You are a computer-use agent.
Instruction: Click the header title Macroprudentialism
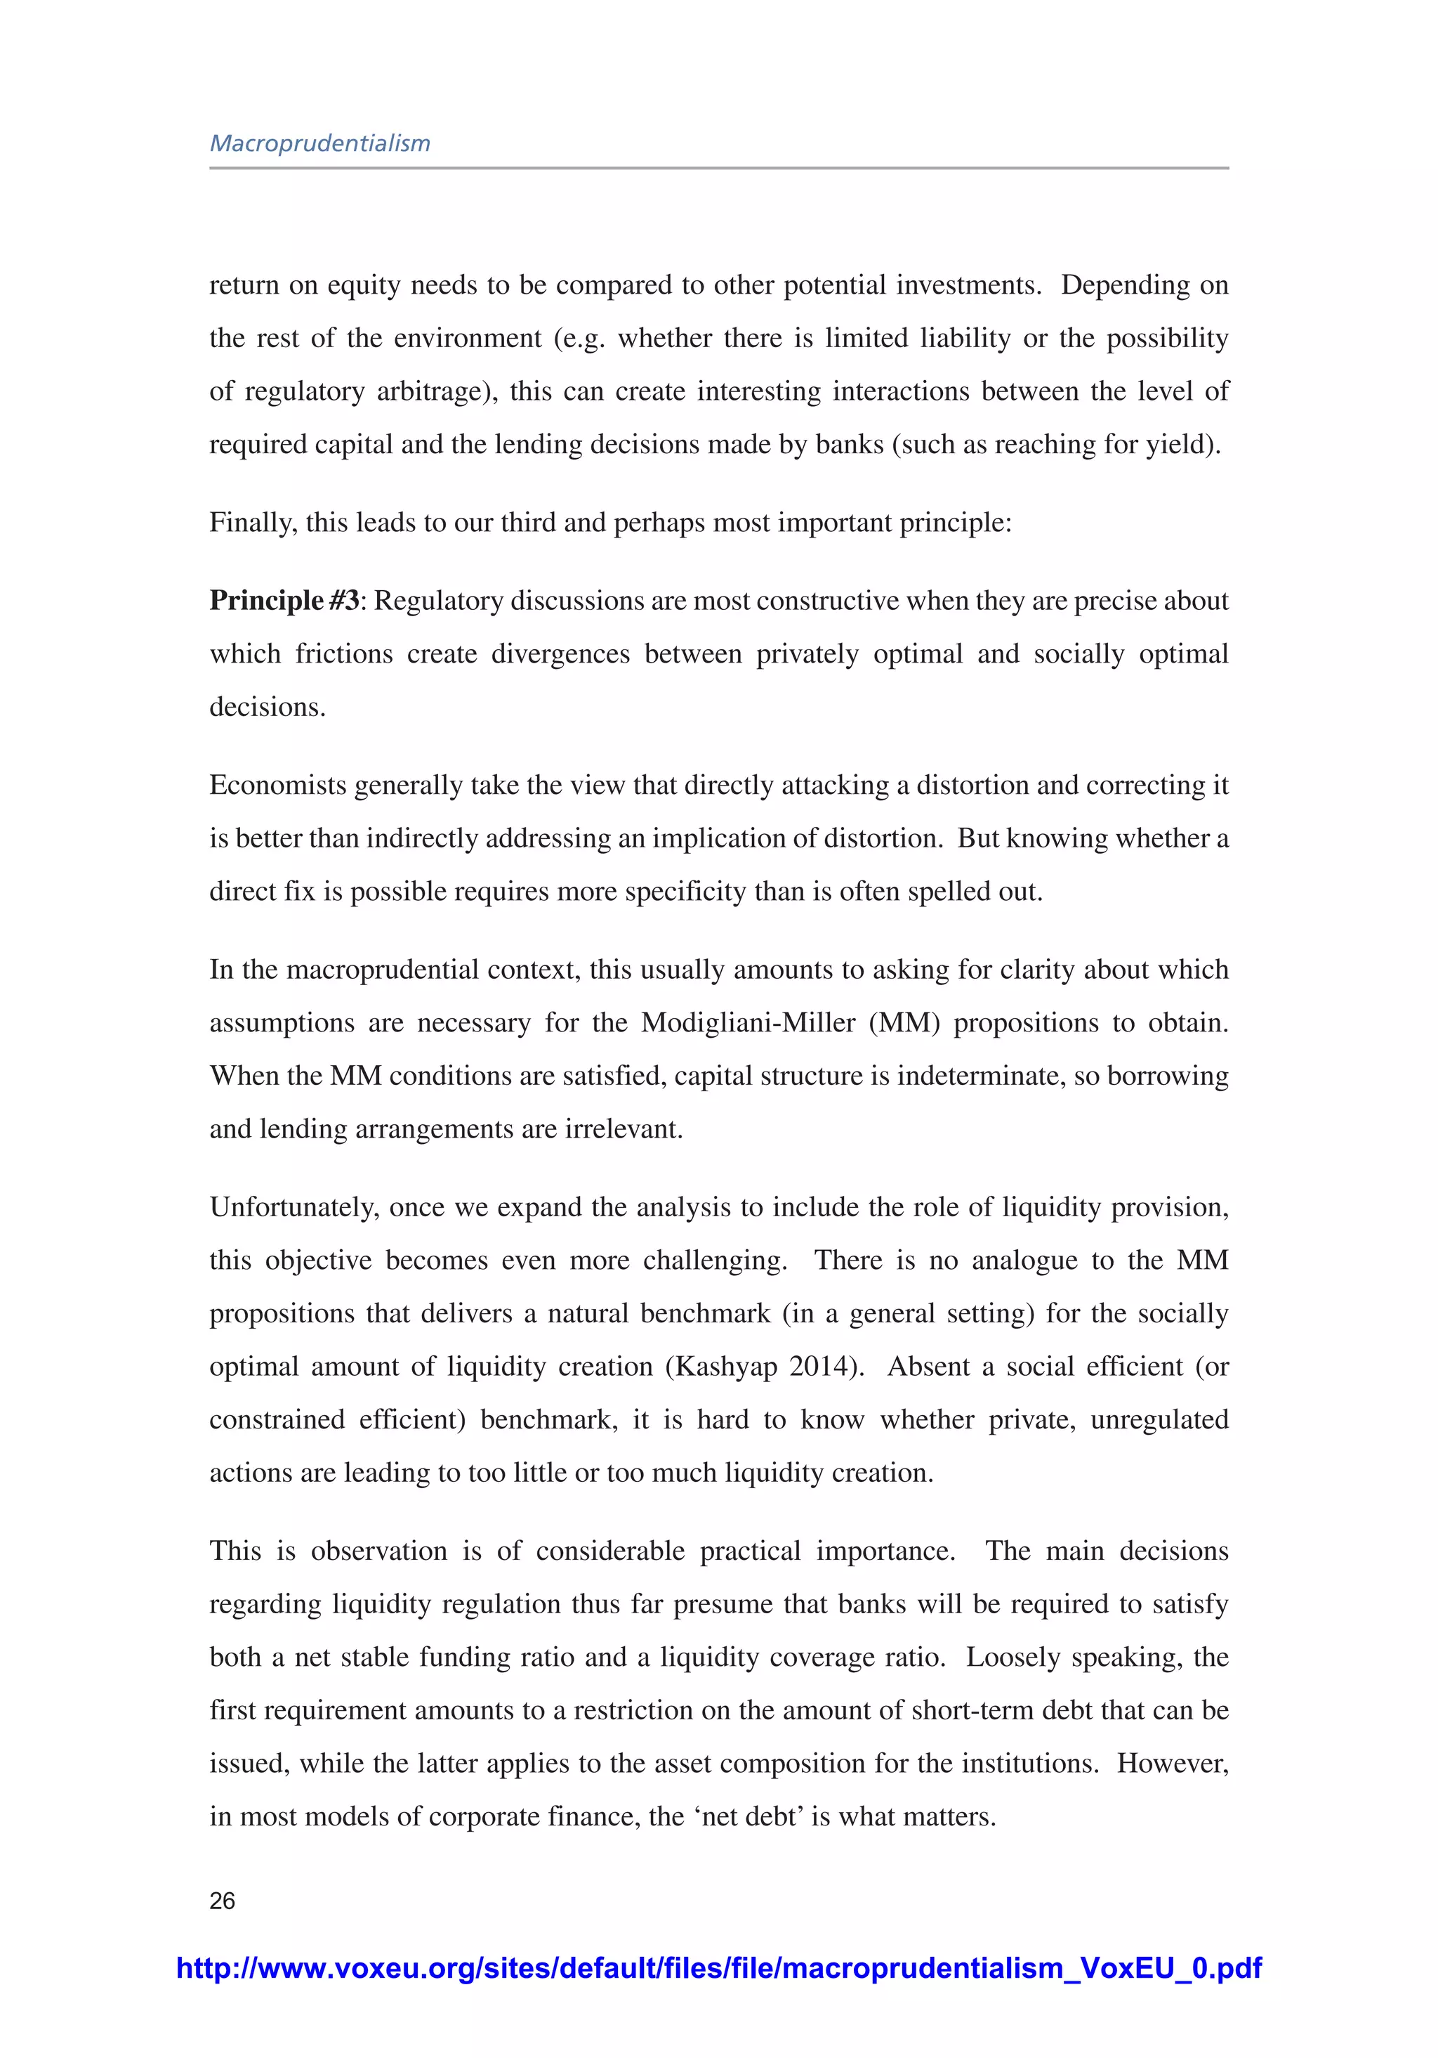[x=320, y=143]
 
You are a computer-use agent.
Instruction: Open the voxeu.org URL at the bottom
[x=718, y=1967]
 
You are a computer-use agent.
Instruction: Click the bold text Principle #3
[x=284, y=601]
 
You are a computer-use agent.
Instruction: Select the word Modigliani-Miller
[x=748, y=1023]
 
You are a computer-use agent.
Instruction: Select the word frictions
[x=344, y=653]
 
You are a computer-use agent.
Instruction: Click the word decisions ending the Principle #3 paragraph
[x=266, y=708]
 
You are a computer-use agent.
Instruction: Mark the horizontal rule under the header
[x=718, y=168]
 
